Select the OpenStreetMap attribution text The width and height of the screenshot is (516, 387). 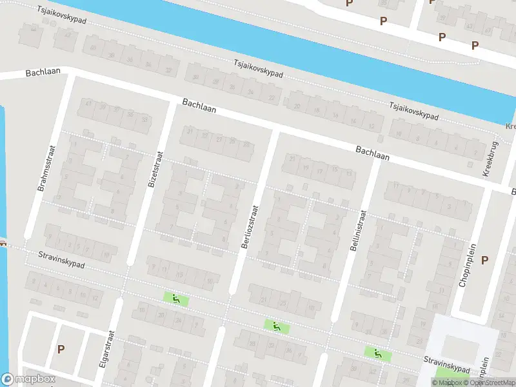[488, 382]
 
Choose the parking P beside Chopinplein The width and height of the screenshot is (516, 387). [484, 260]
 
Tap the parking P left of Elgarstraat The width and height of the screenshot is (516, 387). [61, 349]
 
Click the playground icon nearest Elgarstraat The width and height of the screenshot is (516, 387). [175, 299]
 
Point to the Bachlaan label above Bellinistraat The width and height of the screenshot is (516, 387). [372, 153]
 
